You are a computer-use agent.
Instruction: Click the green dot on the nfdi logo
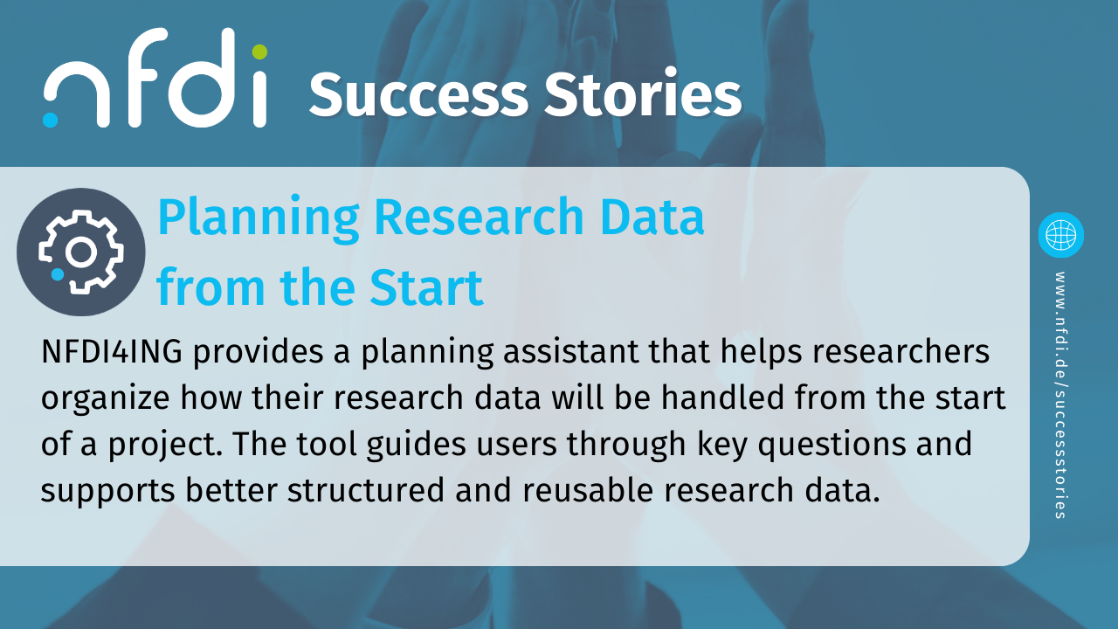259,52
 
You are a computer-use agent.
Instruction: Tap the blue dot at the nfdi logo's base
50,120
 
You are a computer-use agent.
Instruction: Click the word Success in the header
418,95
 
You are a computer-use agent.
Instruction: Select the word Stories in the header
643,93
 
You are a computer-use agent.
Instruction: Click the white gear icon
81,252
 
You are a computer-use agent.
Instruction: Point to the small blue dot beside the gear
58,274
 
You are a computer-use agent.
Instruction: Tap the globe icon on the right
1060,235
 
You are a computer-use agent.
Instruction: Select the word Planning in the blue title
259,219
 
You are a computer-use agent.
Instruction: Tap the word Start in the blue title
427,288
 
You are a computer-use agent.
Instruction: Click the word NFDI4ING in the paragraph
112,351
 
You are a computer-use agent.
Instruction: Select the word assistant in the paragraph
571,351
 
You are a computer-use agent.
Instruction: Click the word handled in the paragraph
723,397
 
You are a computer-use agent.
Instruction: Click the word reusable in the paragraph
588,490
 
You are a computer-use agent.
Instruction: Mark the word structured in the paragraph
366,490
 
